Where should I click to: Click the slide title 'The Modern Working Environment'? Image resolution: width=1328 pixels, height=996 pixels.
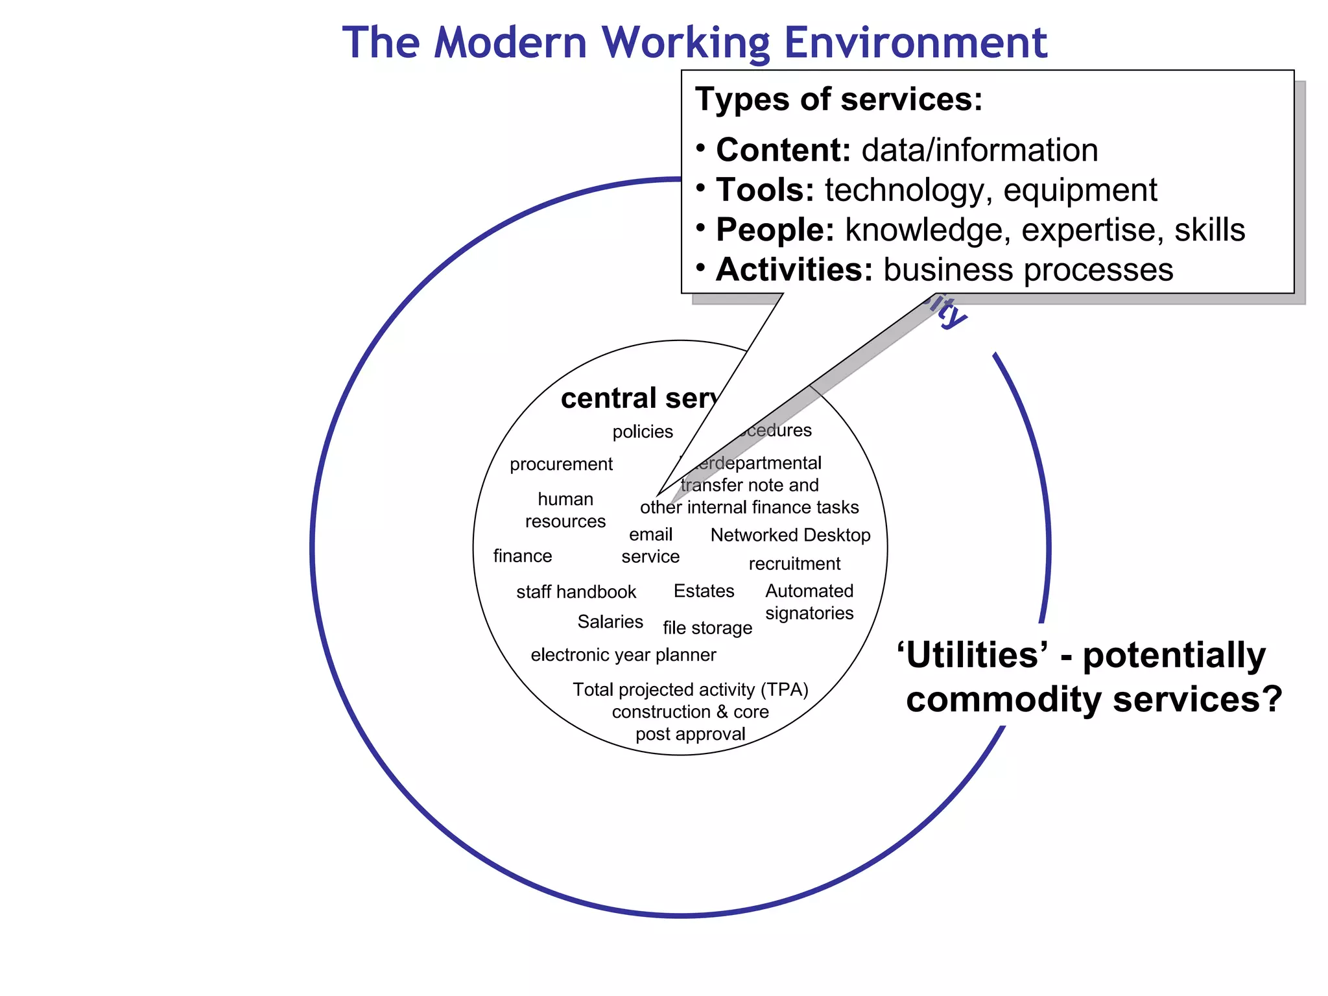point(694,43)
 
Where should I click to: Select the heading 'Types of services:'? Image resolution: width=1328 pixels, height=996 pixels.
point(838,100)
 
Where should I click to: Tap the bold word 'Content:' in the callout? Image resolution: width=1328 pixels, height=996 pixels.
point(783,150)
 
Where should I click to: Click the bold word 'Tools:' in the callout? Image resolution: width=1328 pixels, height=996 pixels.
point(765,190)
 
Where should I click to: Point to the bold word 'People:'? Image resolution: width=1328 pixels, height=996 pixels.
point(775,230)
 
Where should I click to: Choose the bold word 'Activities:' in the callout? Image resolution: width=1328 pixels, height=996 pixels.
point(794,270)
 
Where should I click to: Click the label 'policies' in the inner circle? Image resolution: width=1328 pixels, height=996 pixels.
point(643,432)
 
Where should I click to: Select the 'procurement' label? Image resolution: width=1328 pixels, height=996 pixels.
point(561,464)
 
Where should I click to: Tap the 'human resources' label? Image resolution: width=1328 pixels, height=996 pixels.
point(565,510)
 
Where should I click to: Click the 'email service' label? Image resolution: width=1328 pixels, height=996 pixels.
point(650,545)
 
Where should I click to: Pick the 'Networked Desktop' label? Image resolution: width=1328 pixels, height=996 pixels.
point(790,536)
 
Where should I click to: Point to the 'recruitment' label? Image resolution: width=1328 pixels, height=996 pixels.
point(794,564)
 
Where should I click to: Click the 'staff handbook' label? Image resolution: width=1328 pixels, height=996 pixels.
point(576,592)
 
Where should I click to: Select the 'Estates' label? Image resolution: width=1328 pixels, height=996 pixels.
point(704,591)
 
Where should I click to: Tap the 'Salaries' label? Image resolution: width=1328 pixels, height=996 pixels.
point(610,622)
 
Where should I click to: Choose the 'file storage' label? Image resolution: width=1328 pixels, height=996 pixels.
point(707,628)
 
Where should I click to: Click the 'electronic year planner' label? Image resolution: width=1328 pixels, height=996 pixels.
point(623,656)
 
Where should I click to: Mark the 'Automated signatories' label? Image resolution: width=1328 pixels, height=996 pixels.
point(809,602)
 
